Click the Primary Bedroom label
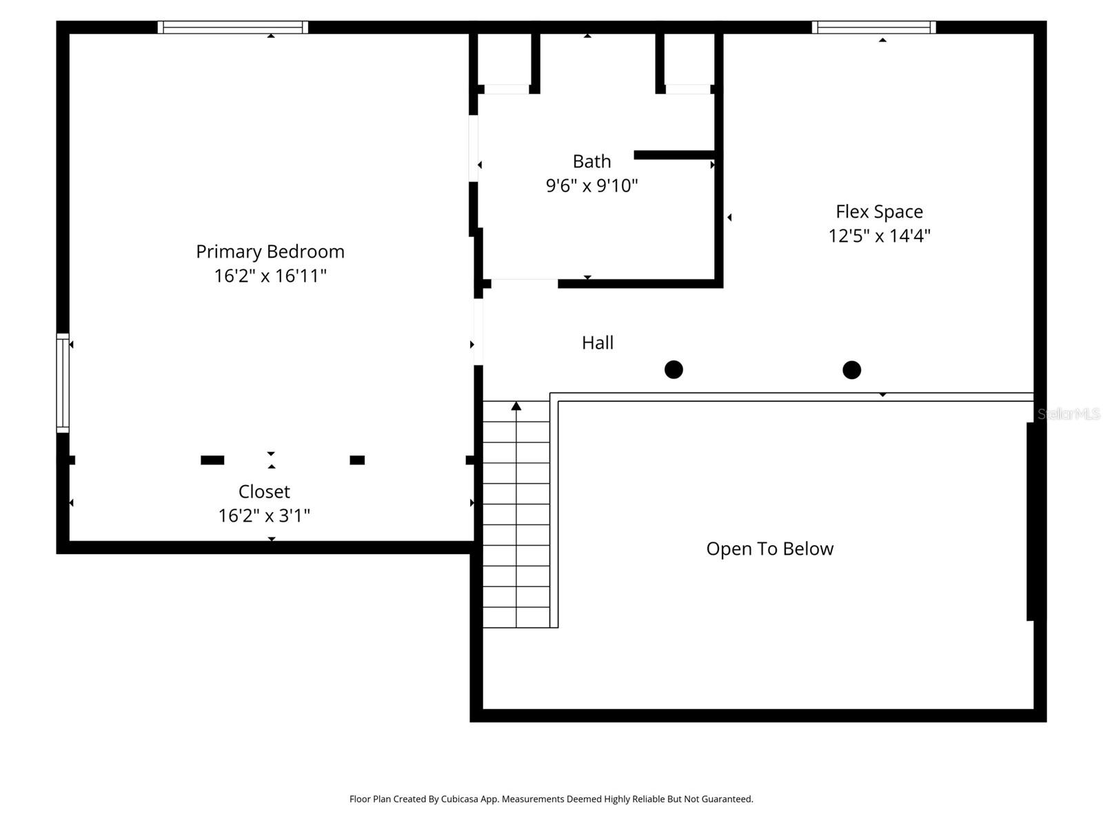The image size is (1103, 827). pyautogui.click(x=270, y=252)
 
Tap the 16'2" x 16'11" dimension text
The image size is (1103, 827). pyautogui.click(x=270, y=276)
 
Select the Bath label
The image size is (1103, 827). pyautogui.click(x=591, y=161)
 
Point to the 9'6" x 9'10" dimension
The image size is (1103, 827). pyautogui.click(x=591, y=185)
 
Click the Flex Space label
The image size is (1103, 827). pyautogui.click(x=879, y=212)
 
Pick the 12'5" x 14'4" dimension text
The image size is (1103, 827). pyautogui.click(x=879, y=236)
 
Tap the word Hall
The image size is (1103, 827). pyautogui.click(x=597, y=343)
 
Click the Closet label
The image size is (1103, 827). pyautogui.click(x=264, y=491)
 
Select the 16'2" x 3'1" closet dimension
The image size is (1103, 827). pyautogui.click(x=264, y=515)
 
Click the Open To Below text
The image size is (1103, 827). pyautogui.click(x=769, y=549)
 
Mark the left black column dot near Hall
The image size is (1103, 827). pyautogui.click(x=674, y=369)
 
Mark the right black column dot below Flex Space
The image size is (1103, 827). pyautogui.click(x=851, y=370)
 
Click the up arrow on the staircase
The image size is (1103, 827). pyautogui.click(x=516, y=407)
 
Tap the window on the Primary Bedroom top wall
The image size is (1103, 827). pyautogui.click(x=233, y=28)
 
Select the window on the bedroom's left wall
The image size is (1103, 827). pyautogui.click(x=63, y=383)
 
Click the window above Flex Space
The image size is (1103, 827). pyautogui.click(x=873, y=28)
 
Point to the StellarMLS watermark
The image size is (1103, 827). pyautogui.click(x=1069, y=413)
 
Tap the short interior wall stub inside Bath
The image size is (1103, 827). pyautogui.click(x=674, y=155)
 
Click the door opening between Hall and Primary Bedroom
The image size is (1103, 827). pyautogui.click(x=478, y=331)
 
